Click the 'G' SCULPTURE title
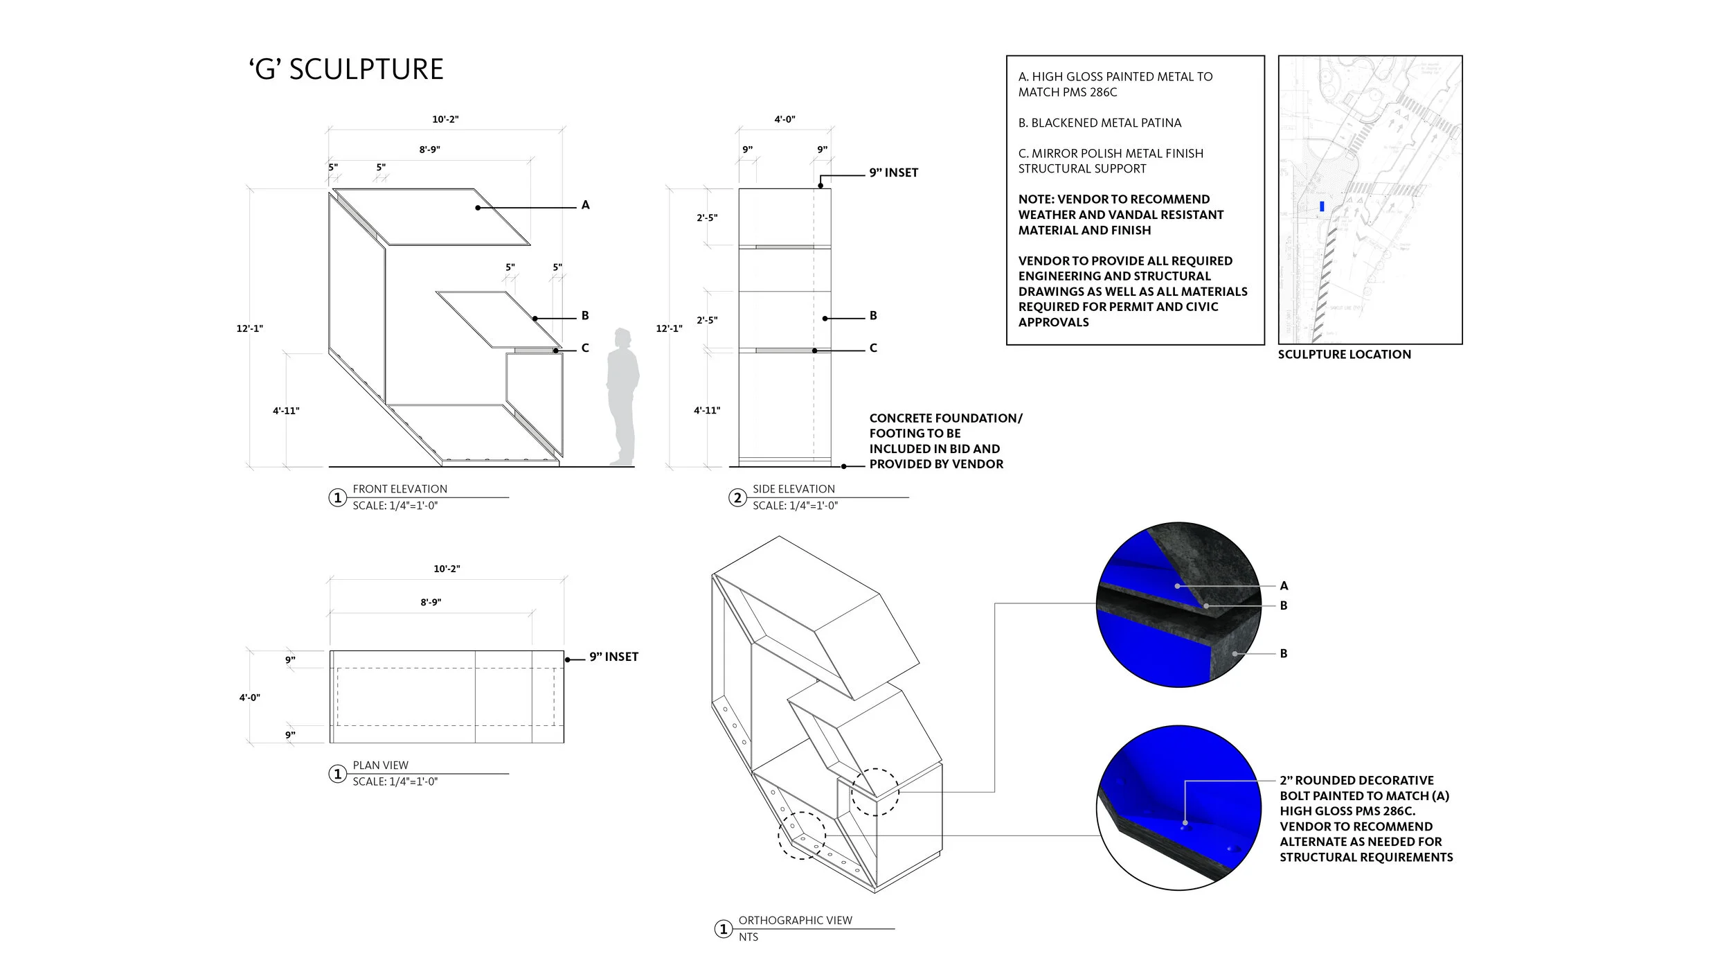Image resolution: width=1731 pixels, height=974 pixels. [x=346, y=70]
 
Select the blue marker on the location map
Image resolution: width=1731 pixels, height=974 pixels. [x=1322, y=206]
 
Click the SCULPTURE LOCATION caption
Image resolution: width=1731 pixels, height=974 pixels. [x=1344, y=355]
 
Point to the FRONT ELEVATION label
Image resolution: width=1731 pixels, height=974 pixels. [x=400, y=489]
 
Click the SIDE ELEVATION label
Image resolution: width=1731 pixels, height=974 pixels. [x=793, y=489]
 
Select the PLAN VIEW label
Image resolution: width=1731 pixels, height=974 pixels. [x=380, y=765]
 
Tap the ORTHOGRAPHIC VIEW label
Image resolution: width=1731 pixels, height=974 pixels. [x=795, y=921]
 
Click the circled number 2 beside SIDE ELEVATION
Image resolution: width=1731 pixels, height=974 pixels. [x=737, y=498]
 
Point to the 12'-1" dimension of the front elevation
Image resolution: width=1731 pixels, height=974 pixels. [x=249, y=328]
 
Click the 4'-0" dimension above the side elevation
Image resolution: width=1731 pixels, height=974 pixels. [x=784, y=119]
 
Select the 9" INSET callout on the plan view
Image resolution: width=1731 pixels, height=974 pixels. [x=613, y=657]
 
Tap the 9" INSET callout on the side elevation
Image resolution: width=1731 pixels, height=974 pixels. [x=893, y=172]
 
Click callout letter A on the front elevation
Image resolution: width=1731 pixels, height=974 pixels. [x=585, y=205]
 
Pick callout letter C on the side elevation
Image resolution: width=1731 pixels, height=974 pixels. [x=873, y=348]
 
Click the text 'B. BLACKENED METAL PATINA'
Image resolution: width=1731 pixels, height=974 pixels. [x=1100, y=123]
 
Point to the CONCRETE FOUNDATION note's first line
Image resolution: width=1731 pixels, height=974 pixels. [x=945, y=418]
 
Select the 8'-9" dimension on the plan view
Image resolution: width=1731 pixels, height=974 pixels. [x=431, y=603]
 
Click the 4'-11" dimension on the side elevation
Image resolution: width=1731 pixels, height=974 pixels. [x=707, y=411]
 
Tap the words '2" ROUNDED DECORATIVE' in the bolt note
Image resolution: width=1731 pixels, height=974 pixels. [x=1356, y=781]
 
